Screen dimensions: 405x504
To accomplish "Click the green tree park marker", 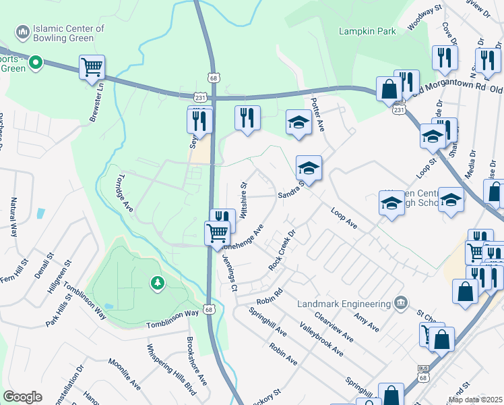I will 156,283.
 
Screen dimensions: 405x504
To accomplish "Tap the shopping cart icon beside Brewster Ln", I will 92,67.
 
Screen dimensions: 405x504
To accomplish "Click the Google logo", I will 22,396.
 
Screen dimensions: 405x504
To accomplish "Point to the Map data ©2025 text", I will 475,400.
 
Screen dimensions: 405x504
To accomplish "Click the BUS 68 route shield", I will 423,371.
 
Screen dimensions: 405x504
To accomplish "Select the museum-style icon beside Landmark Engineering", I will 400,302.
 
